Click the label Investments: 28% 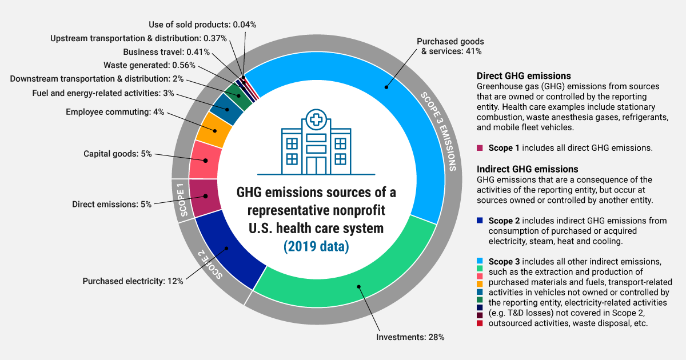410,337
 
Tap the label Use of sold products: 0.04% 202,25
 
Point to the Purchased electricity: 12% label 133,281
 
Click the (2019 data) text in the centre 316,247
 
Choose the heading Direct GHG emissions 524,75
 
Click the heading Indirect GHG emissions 527,169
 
